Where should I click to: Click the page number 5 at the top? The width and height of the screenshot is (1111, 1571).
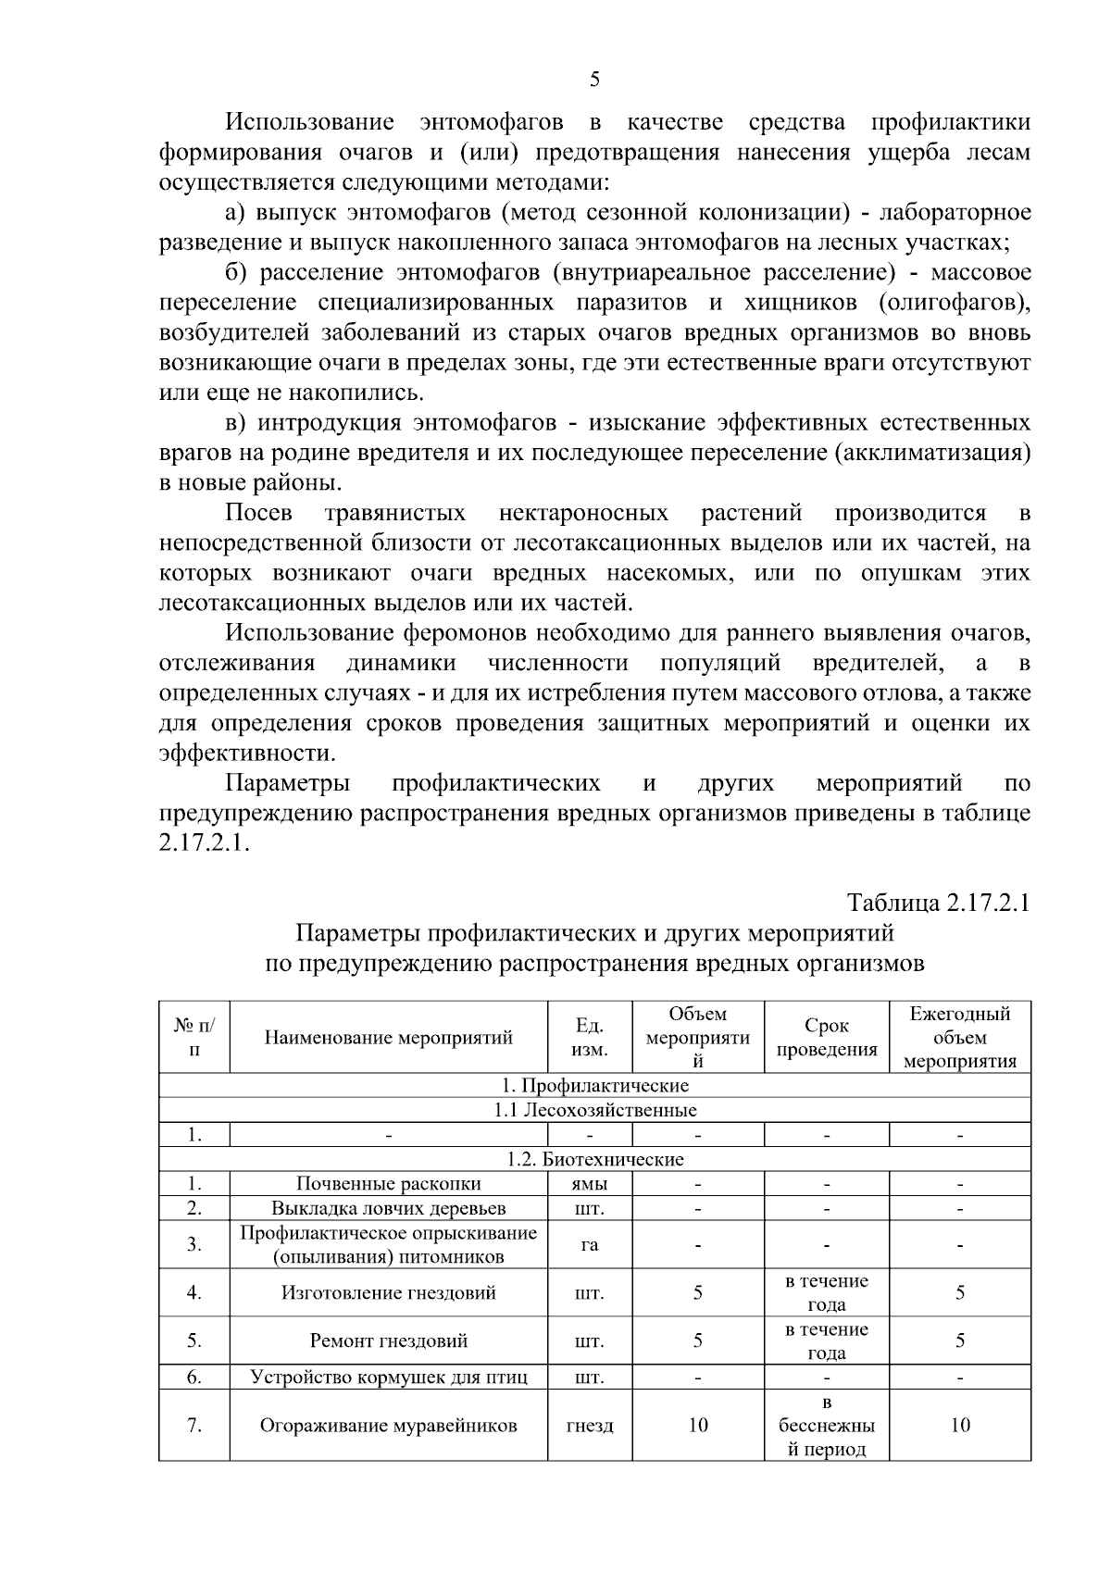(594, 80)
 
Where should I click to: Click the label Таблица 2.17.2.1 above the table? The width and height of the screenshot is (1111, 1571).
(938, 903)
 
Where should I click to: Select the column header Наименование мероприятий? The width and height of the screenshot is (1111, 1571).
(388, 1038)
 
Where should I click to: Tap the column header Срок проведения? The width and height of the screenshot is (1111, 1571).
(826, 1038)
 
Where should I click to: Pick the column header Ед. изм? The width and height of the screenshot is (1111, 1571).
(589, 1038)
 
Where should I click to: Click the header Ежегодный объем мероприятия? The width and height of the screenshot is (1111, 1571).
(959, 1038)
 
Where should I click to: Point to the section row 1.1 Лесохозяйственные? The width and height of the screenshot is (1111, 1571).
(594, 1110)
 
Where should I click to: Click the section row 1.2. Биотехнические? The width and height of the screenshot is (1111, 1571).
(594, 1159)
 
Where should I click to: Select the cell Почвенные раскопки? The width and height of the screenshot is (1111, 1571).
(388, 1183)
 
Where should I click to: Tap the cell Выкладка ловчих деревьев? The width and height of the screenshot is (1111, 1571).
(388, 1208)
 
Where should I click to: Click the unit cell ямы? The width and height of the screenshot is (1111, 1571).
(589, 1183)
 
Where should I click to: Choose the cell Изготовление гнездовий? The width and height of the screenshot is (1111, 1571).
(388, 1293)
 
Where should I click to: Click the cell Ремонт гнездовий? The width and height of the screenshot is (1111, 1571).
(388, 1341)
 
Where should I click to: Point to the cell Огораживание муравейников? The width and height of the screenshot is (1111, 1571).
(388, 1426)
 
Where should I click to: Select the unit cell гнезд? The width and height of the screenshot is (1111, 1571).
(589, 1426)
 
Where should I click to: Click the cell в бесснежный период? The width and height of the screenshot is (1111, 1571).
(826, 1426)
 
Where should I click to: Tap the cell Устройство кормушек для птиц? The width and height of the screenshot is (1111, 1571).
(388, 1378)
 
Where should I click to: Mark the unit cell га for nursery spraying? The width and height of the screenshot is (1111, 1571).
(589, 1245)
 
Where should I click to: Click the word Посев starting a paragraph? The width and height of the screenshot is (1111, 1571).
(258, 513)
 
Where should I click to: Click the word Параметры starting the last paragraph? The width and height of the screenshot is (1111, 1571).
(288, 784)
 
